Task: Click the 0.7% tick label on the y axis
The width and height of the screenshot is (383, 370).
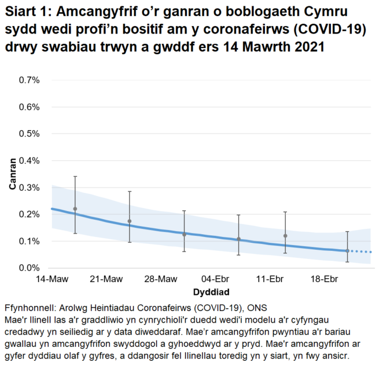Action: (x=29, y=80)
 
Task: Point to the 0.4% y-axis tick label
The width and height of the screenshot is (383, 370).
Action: (x=29, y=161)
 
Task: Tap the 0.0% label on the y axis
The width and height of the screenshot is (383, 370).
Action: (x=29, y=268)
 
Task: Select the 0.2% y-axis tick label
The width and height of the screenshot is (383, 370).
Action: (x=29, y=214)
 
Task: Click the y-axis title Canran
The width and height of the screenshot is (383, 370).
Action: (x=12, y=174)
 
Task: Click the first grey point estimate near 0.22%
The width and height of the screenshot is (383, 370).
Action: (x=75, y=209)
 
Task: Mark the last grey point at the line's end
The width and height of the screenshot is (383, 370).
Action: (x=347, y=251)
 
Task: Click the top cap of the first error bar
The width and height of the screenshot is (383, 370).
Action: (x=75, y=176)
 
